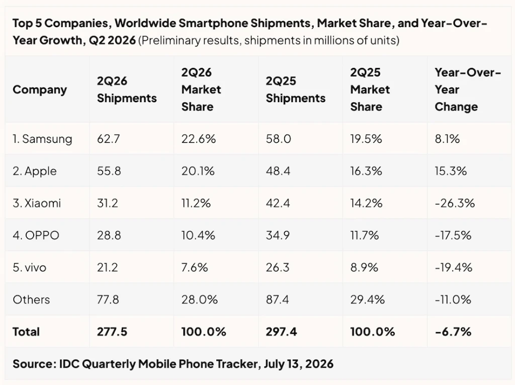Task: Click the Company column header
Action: click(40, 90)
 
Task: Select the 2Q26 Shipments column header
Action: click(127, 90)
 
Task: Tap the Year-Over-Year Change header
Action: click(468, 90)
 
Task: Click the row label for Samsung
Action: click(42, 139)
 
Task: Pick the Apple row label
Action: click(35, 171)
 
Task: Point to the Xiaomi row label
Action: click(37, 203)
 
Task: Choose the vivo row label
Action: click(30, 267)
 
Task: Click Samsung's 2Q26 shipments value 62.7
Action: click(109, 139)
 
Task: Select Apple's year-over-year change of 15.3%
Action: click(451, 171)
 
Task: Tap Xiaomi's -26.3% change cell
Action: click(455, 203)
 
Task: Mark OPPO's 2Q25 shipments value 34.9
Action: click(278, 235)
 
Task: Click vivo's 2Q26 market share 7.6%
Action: click(195, 267)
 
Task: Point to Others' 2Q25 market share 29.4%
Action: click(368, 299)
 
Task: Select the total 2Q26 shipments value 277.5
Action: click(112, 332)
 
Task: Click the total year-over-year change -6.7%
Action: click(453, 332)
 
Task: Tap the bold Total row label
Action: click(26, 332)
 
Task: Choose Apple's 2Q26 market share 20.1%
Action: click(198, 171)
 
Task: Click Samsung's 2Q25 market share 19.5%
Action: click(366, 139)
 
